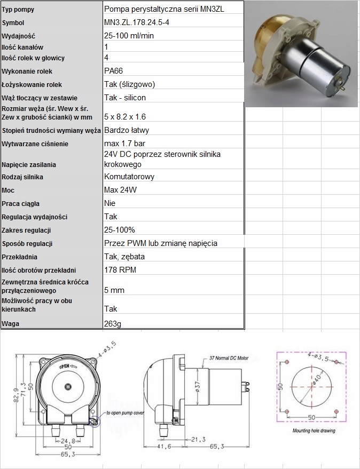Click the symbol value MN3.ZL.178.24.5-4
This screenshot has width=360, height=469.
(138, 23)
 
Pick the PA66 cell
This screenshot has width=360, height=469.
(114, 71)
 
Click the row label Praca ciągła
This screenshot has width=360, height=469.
(21, 203)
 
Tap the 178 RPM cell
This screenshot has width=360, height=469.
(120, 269)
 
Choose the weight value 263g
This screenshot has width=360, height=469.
(113, 323)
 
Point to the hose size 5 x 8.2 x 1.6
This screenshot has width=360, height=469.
(125, 116)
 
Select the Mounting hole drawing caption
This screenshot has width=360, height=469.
(314, 430)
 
